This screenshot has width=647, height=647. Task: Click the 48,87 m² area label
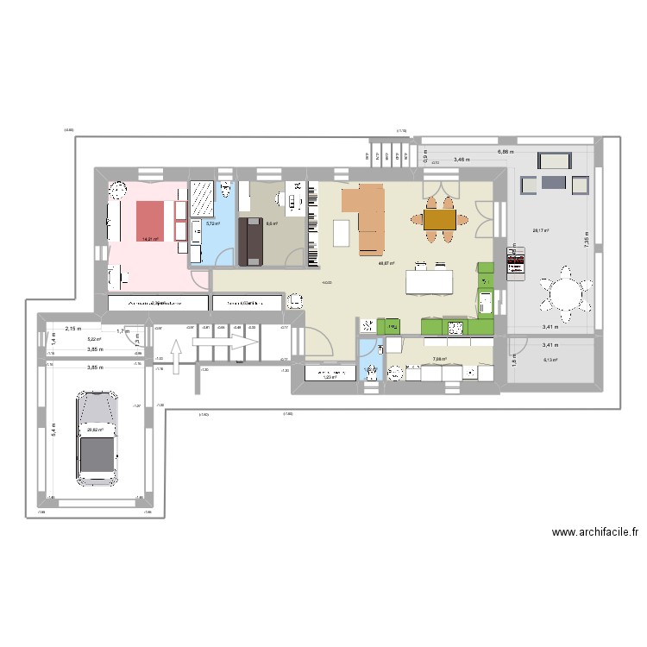tap(386, 264)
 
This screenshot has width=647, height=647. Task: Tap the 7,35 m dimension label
tap(586, 242)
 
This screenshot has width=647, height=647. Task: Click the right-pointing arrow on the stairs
tap(226, 343)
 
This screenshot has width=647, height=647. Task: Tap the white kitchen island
tap(430, 281)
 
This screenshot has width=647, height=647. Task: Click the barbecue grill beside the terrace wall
tap(516, 262)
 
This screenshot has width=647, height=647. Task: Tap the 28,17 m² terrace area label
tap(541, 230)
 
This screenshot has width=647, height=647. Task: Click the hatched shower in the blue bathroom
tap(203, 200)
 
